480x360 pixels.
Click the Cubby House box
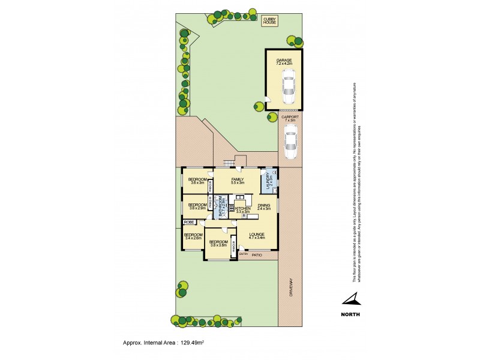click(268, 20)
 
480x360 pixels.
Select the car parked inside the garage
click(289, 87)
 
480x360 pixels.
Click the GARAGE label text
click(284, 61)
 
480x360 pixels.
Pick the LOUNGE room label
click(256, 234)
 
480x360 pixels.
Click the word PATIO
click(257, 255)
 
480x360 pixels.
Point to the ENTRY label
click(243, 255)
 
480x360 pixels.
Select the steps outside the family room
click(228, 164)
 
